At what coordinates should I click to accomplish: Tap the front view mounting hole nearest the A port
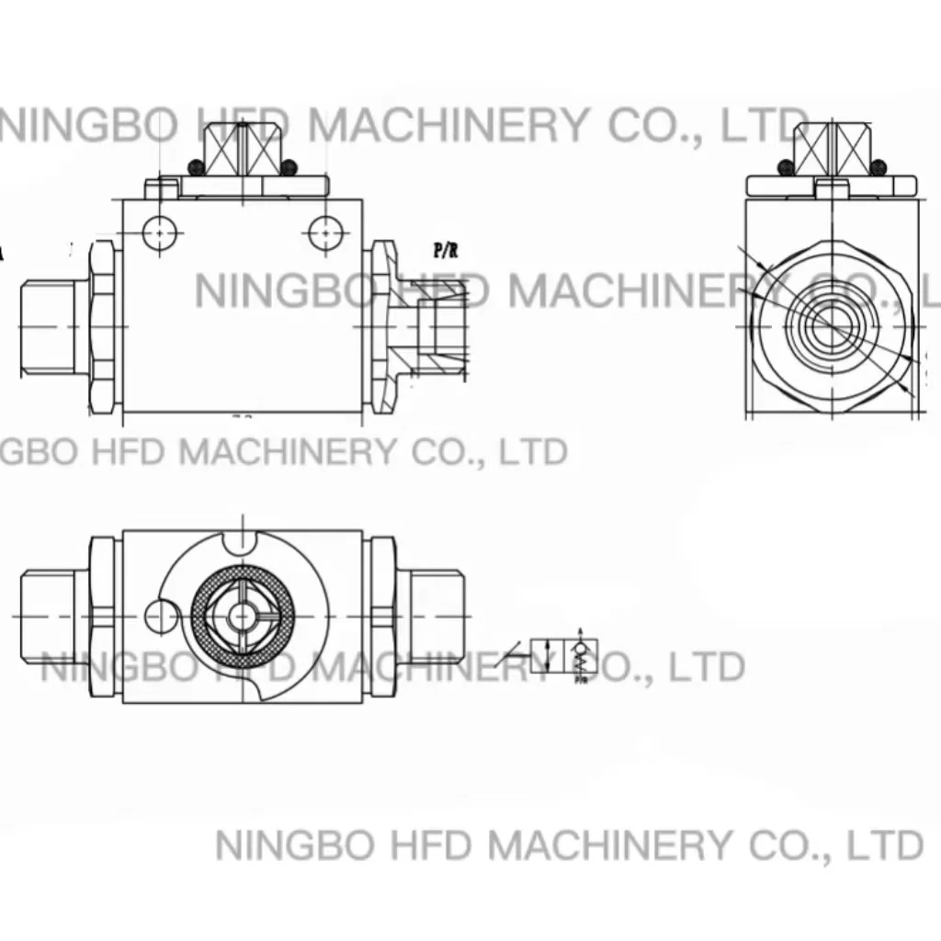click(162, 233)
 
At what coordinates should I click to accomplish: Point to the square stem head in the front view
click(237, 150)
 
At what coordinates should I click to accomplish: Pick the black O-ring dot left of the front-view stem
click(195, 167)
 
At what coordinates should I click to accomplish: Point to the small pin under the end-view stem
click(832, 189)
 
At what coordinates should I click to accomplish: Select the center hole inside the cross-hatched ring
click(243, 614)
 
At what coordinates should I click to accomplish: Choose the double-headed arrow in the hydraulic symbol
click(550, 657)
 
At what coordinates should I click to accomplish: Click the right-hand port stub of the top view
click(433, 613)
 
